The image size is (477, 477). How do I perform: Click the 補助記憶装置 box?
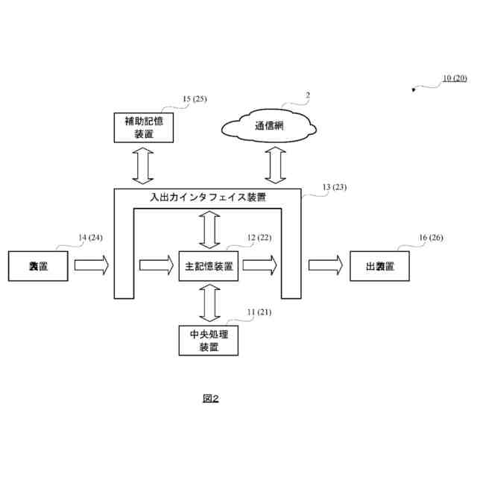(x=144, y=127)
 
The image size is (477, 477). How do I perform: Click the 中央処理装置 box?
(x=209, y=341)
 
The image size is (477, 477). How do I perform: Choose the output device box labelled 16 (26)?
(x=380, y=265)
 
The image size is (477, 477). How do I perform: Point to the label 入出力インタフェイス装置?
(x=209, y=198)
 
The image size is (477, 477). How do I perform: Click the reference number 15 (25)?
(x=195, y=99)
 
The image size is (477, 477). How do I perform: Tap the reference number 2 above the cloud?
(x=306, y=95)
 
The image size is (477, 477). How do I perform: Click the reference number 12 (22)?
(x=260, y=238)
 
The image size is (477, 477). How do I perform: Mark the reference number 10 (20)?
(x=455, y=78)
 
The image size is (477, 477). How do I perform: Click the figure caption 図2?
(x=211, y=399)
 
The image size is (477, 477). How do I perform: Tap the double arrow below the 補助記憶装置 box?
(x=142, y=165)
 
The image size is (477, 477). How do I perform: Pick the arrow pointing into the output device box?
(x=326, y=265)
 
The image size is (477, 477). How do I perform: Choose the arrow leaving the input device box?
(x=92, y=265)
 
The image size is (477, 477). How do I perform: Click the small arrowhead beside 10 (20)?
(x=415, y=91)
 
